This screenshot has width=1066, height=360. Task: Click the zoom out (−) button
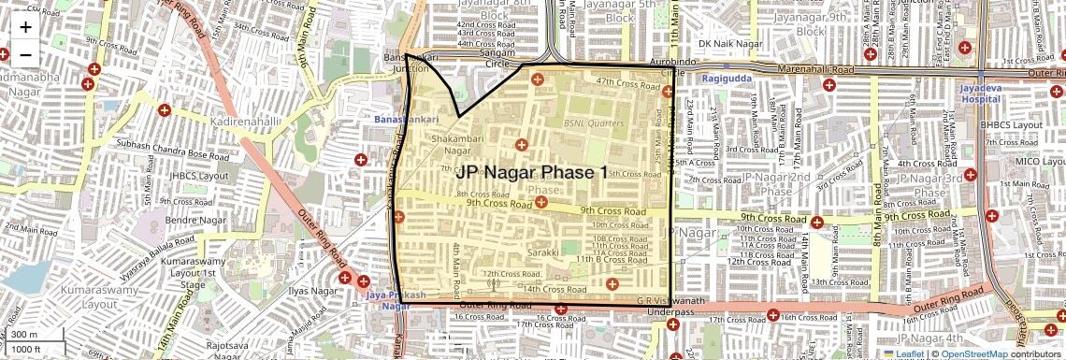coord(25,54)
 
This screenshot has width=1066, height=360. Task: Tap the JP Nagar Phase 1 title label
coord(532,173)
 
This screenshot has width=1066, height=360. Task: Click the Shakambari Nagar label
coord(444,144)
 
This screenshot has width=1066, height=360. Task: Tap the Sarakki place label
coord(542,252)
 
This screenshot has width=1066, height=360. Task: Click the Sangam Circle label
coord(497,58)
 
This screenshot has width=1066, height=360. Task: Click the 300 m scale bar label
coord(24,335)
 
